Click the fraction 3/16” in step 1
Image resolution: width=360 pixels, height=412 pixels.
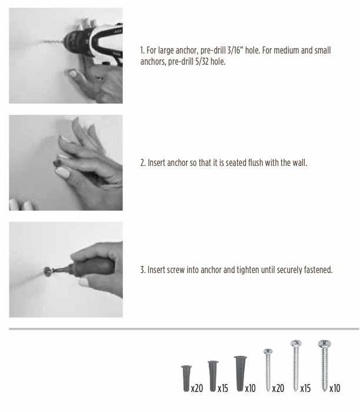(234, 50)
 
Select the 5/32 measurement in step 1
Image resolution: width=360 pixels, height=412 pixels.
(202, 62)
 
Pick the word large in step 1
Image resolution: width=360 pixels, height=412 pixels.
(165, 51)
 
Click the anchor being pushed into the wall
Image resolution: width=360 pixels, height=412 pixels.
(56, 163)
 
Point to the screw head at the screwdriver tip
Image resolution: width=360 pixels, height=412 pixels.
(47, 271)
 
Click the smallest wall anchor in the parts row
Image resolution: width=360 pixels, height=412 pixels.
(186, 378)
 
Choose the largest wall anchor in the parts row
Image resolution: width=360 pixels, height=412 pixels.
(240, 373)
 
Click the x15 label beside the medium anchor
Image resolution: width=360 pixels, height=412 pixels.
(223, 388)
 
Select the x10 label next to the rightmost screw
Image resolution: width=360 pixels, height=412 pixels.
(335, 388)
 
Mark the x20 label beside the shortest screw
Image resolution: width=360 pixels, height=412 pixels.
(278, 388)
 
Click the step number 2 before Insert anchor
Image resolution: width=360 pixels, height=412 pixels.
(143, 163)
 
